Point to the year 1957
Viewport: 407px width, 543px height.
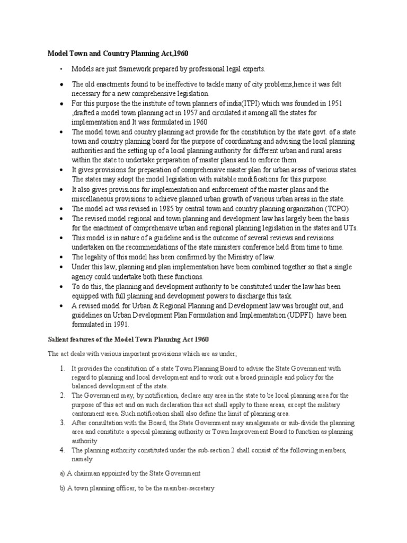tap(196, 112)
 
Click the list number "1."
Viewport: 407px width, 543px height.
tap(63, 369)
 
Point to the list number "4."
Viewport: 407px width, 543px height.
tap(63, 450)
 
